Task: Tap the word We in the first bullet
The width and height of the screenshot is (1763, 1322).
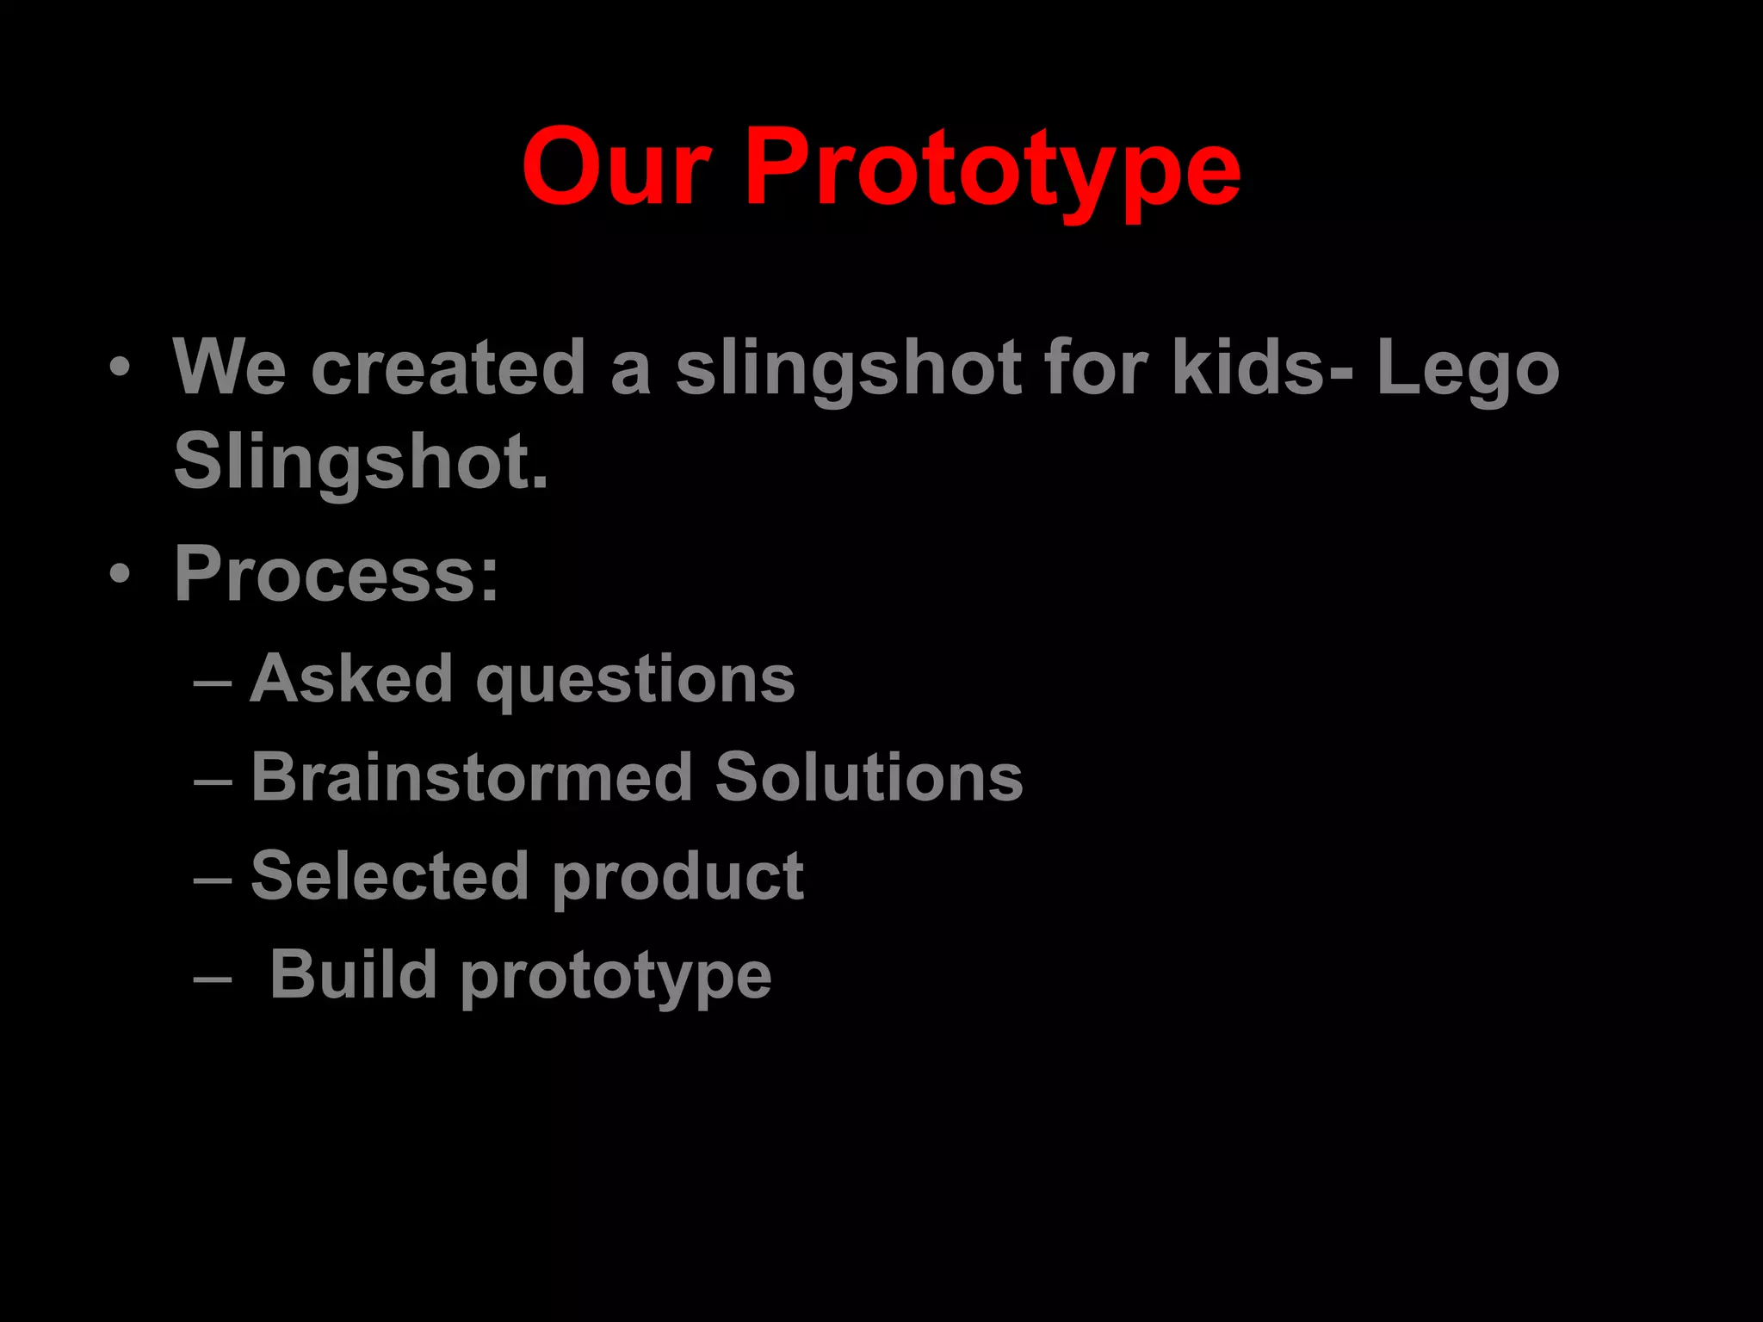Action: (229, 368)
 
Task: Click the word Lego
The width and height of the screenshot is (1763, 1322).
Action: (1468, 370)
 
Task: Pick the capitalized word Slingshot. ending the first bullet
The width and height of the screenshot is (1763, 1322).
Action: (361, 462)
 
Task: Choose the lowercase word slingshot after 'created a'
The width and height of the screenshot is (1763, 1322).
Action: (849, 370)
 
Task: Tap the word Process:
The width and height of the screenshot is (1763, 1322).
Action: (337, 574)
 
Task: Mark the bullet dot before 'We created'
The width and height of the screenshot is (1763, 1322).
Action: (120, 368)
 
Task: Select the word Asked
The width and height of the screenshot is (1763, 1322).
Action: (351, 679)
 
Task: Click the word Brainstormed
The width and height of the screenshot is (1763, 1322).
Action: (472, 777)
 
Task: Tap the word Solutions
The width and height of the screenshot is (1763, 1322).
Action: (869, 777)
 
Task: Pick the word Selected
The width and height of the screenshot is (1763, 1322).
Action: (389, 876)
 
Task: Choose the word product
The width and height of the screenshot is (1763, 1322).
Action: (677, 878)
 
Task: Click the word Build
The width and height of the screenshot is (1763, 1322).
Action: (353, 974)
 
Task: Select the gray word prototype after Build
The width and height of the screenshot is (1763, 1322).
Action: (616, 978)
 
